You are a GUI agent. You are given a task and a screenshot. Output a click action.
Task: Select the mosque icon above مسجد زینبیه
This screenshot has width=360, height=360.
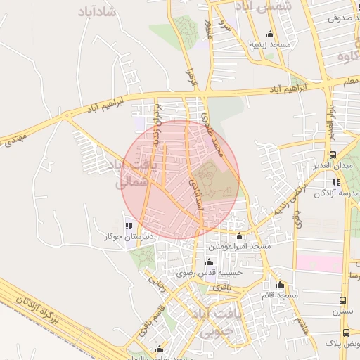pos(270,34)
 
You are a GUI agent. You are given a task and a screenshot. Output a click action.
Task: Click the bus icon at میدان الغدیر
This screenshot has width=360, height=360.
pos(333,155)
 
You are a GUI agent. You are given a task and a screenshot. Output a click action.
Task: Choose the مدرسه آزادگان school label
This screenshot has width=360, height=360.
pos(335,192)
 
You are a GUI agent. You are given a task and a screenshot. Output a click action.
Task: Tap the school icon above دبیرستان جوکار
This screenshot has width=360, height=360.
pos(128,226)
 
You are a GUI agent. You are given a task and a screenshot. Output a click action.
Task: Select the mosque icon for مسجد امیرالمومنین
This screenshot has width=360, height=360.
pos(239,236)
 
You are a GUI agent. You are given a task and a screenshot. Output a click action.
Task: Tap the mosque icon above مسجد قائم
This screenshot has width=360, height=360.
pos(281,285)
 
